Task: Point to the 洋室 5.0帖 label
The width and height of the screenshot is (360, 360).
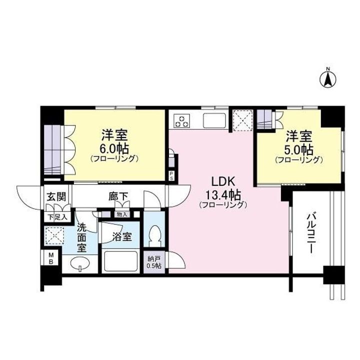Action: tap(299, 147)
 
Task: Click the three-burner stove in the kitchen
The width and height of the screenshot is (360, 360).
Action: tap(182, 121)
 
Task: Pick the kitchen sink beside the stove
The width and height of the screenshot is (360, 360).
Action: tap(214, 120)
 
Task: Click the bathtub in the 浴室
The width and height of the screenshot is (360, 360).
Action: tap(121, 261)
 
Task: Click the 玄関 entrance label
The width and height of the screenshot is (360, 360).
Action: tap(56, 197)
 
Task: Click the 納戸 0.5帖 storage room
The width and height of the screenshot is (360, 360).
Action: tap(154, 262)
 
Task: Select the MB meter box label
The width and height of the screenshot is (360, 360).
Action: tap(51, 258)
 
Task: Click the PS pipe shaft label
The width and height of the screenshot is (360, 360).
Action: tap(171, 176)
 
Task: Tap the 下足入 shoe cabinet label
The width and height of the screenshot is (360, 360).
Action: tap(57, 217)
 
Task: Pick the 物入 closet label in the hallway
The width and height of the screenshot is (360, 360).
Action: tap(121, 215)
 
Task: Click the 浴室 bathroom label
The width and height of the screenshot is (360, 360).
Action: tap(122, 236)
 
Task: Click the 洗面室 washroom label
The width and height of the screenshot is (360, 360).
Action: tap(81, 237)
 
